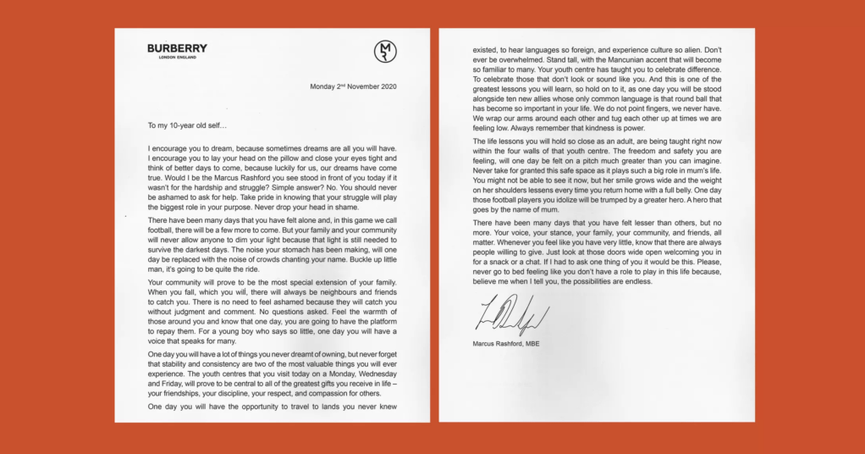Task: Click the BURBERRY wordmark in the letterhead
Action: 177,48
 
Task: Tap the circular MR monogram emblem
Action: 385,51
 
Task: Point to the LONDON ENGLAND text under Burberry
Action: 177,58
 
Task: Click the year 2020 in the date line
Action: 385,86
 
